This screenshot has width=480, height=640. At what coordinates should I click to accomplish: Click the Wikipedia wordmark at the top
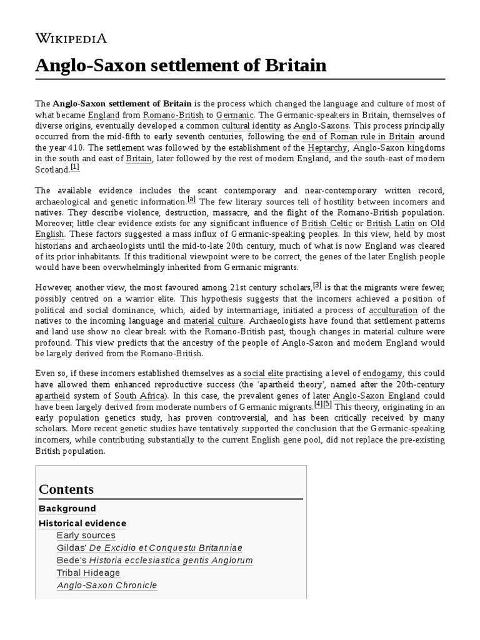point(71,38)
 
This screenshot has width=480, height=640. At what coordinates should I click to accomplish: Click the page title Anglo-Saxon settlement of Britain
point(181,65)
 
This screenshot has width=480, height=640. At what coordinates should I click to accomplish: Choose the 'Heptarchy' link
point(328,147)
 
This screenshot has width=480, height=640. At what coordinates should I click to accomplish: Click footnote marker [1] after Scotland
point(75,167)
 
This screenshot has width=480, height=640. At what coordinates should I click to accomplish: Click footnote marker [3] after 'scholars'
point(317,285)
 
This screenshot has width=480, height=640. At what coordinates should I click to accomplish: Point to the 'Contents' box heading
point(66,489)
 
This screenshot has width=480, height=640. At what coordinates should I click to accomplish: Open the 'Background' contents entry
point(67,509)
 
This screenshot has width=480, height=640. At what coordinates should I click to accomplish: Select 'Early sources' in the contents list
point(86,535)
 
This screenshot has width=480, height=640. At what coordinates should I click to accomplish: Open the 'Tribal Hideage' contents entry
point(88,572)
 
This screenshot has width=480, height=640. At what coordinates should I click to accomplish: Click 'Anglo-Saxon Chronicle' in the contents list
point(107,586)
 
